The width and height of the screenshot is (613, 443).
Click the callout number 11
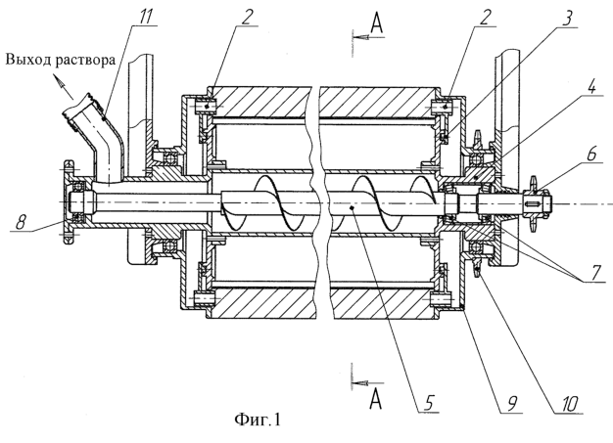click(x=146, y=14)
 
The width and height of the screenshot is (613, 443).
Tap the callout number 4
click(x=591, y=86)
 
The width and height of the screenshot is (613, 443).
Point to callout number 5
click(x=429, y=402)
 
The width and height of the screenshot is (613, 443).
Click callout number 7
click(x=596, y=271)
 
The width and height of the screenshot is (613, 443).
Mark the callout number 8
click(x=20, y=222)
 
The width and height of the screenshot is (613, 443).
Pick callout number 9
click(x=512, y=403)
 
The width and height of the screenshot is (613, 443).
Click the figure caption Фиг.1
click(x=258, y=420)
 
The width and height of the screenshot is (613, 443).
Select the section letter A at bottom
click(x=376, y=399)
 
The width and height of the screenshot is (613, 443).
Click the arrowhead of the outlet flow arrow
click(x=58, y=80)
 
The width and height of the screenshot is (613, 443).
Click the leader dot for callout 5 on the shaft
click(x=353, y=208)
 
